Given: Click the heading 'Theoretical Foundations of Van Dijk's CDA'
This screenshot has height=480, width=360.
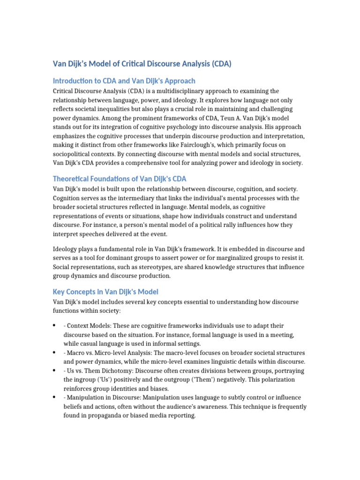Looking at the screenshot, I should (120, 179).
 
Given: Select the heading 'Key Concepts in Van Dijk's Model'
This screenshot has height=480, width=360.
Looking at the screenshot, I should (105, 291).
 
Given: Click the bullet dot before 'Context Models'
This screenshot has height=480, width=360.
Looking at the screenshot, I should (55, 325).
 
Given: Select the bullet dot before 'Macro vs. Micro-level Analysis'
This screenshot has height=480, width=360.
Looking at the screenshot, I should (55, 352).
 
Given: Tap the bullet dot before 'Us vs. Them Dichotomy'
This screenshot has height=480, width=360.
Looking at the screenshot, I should (55, 370).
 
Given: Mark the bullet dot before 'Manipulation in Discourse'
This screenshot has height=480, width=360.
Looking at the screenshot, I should (55, 397).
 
